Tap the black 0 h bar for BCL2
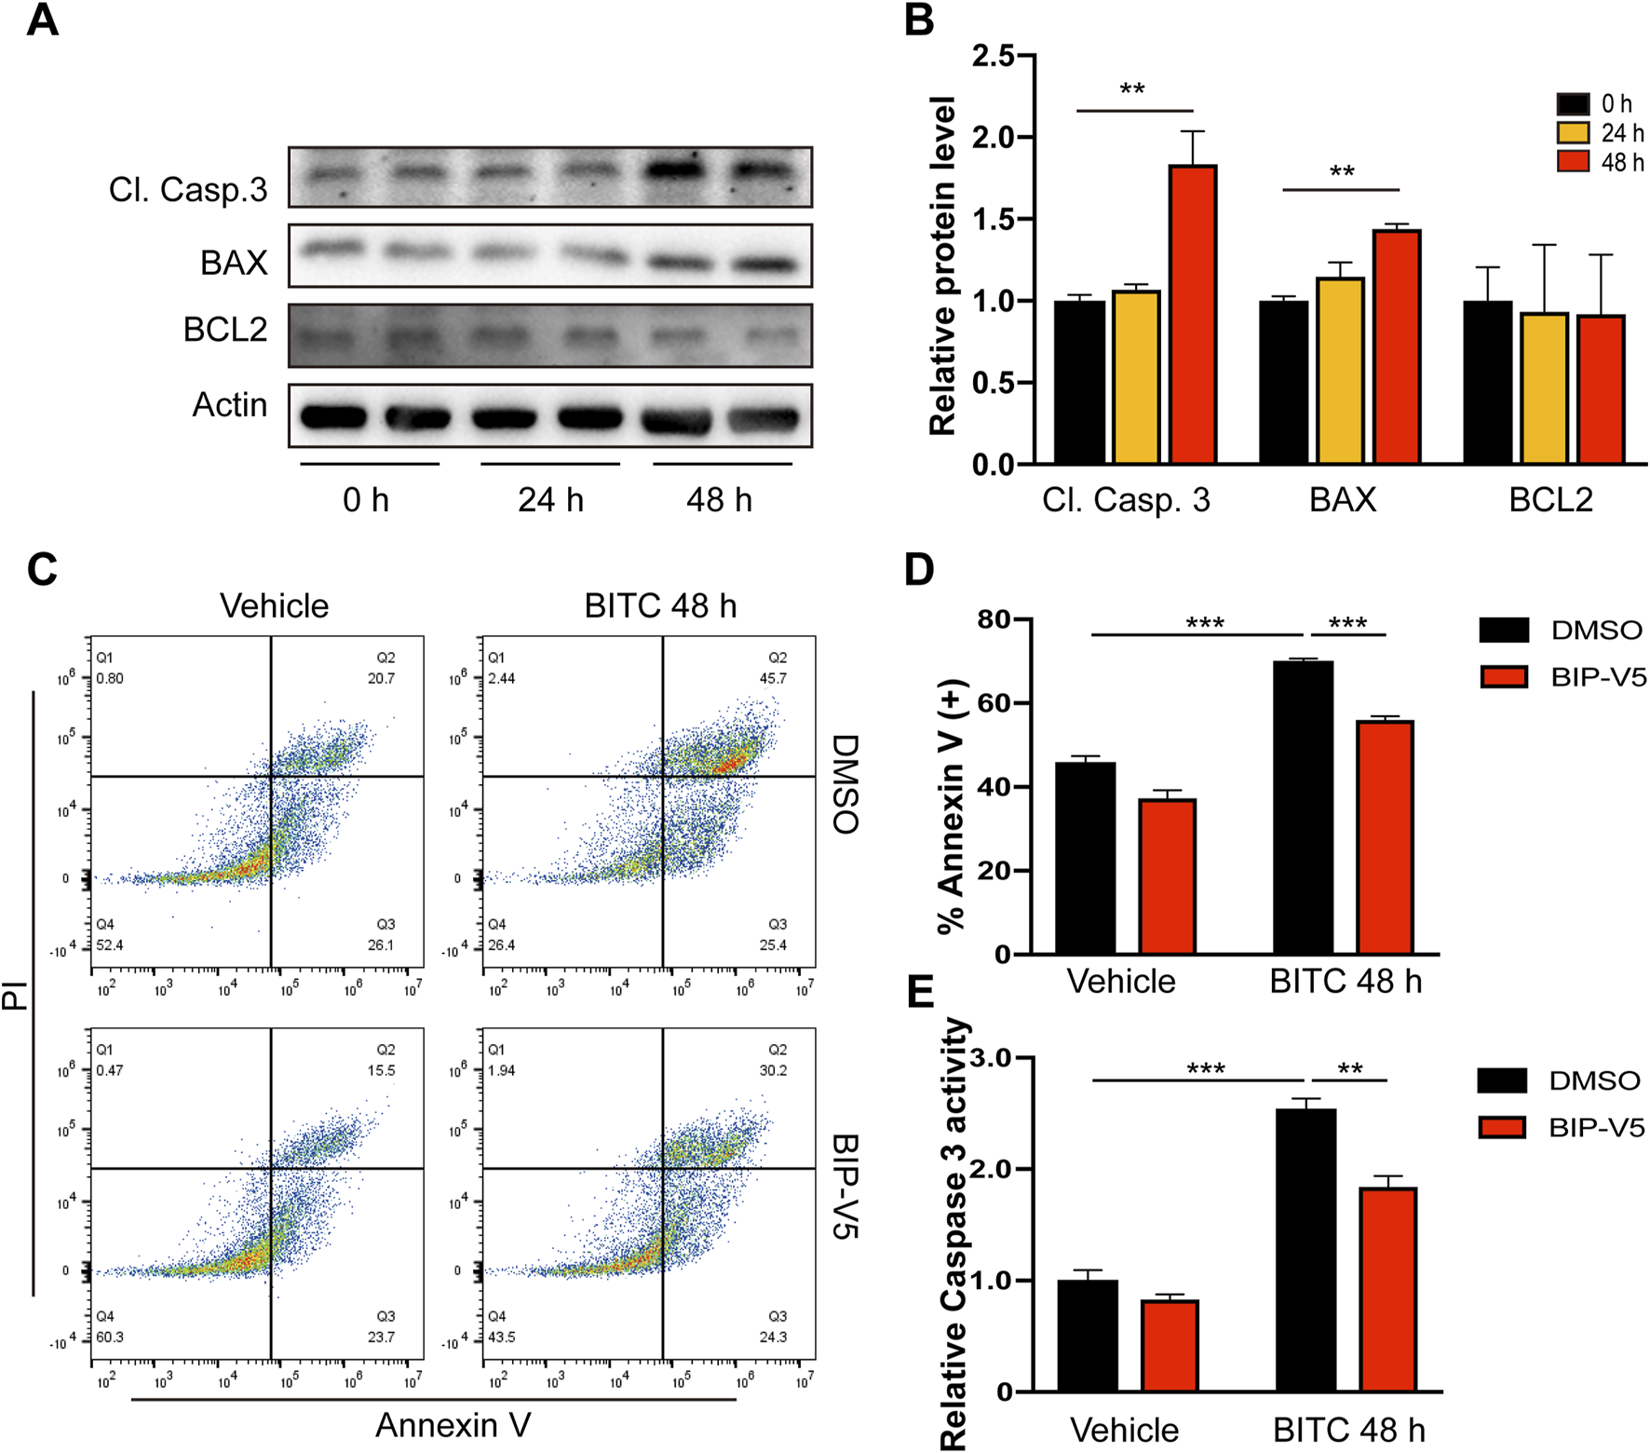(1487, 382)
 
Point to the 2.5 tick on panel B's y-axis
(994, 56)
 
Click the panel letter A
(42, 20)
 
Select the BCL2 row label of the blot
(225, 329)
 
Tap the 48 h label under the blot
(719, 500)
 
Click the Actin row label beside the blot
(230, 404)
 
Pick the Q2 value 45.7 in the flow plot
(773, 678)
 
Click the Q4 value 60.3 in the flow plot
(110, 1337)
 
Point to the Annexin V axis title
(453, 1425)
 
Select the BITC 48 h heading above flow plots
(660, 605)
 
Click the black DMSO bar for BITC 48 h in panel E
(1305, 1249)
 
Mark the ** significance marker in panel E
(1350, 1068)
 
